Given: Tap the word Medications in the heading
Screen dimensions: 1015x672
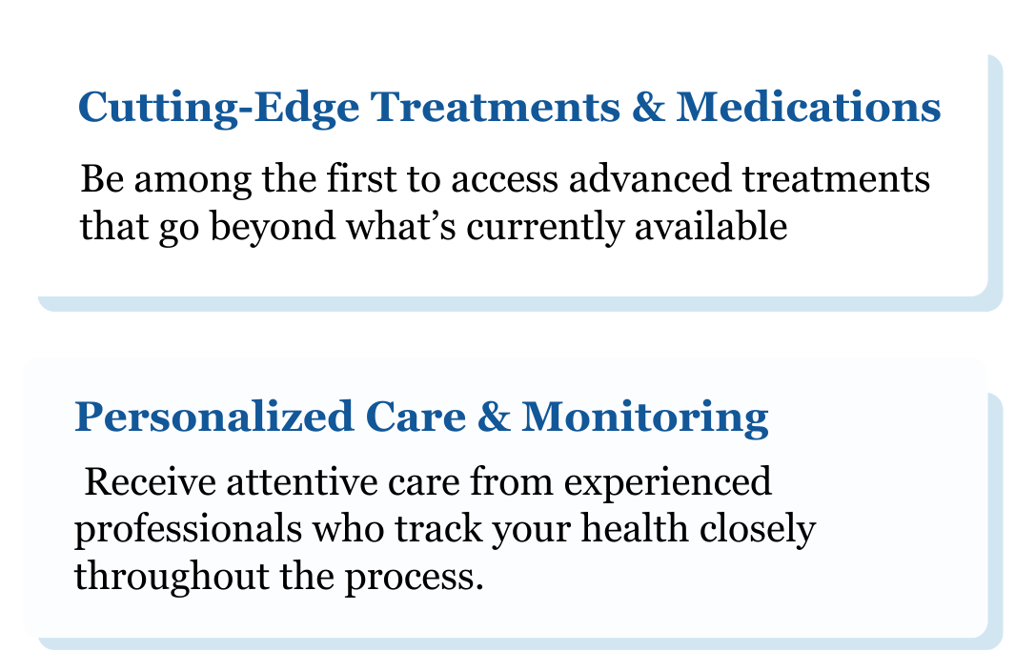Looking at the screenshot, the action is pos(808,106).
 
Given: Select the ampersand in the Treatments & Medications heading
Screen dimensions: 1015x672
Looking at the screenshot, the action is pos(648,106).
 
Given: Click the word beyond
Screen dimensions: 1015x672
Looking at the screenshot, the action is pos(273,228).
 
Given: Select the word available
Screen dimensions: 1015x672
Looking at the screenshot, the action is pos(711,226).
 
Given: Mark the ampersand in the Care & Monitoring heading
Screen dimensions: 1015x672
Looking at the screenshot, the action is pos(494,417).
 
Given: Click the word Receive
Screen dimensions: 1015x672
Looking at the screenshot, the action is pos(151,481).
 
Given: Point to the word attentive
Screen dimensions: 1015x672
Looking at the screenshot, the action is pos(302,481).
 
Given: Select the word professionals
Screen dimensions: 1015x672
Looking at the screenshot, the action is pos(189,531).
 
